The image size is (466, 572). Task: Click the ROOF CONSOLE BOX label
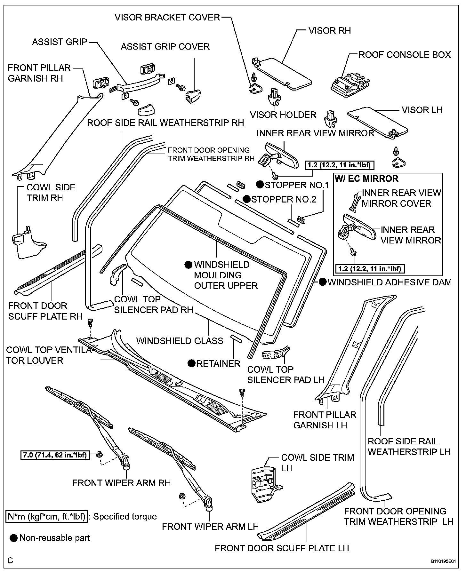[404, 55]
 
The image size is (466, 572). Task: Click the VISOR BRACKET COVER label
[167, 17]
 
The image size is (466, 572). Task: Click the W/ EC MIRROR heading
[366, 179]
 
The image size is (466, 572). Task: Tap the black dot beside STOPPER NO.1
[260, 185]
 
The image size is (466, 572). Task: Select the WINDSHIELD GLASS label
[180, 341]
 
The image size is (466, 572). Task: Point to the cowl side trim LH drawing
[264, 483]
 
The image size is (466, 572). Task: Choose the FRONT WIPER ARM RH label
[122, 482]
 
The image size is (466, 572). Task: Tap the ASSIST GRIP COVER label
[165, 47]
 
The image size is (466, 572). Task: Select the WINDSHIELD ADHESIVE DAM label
[390, 282]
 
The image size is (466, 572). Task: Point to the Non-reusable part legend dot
[14, 538]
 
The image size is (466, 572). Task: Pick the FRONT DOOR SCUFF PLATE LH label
[282, 548]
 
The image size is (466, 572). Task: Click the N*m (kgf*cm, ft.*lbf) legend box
[47, 517]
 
